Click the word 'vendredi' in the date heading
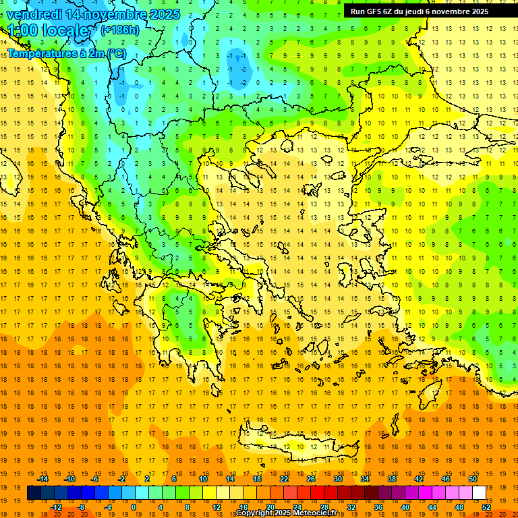pyautogui.click(x=34, y=14)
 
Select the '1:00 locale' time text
pyautogui.click(x=48, y=30)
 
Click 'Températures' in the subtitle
pyautogui.click(x=40, y=53)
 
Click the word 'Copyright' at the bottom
pyautogui.click(x=254, y=513)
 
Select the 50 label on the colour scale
pyautogui.click(x=472, y=479)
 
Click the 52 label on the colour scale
pyautogui.click(x=486, y=507)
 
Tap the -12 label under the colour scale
pyautogui.click(x=56, y=507)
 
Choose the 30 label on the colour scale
pyautogui.click(x=338, y=479)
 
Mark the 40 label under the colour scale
pyautogui.click(x=405, y=507)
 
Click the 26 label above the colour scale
pyautogui.click(x=311, y=479)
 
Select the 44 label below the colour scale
pyautogui.click(x=432, y=507)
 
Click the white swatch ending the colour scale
pyautogui.click(x=480, y=493)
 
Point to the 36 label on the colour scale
pyautogui.click(x=378, y=507)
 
